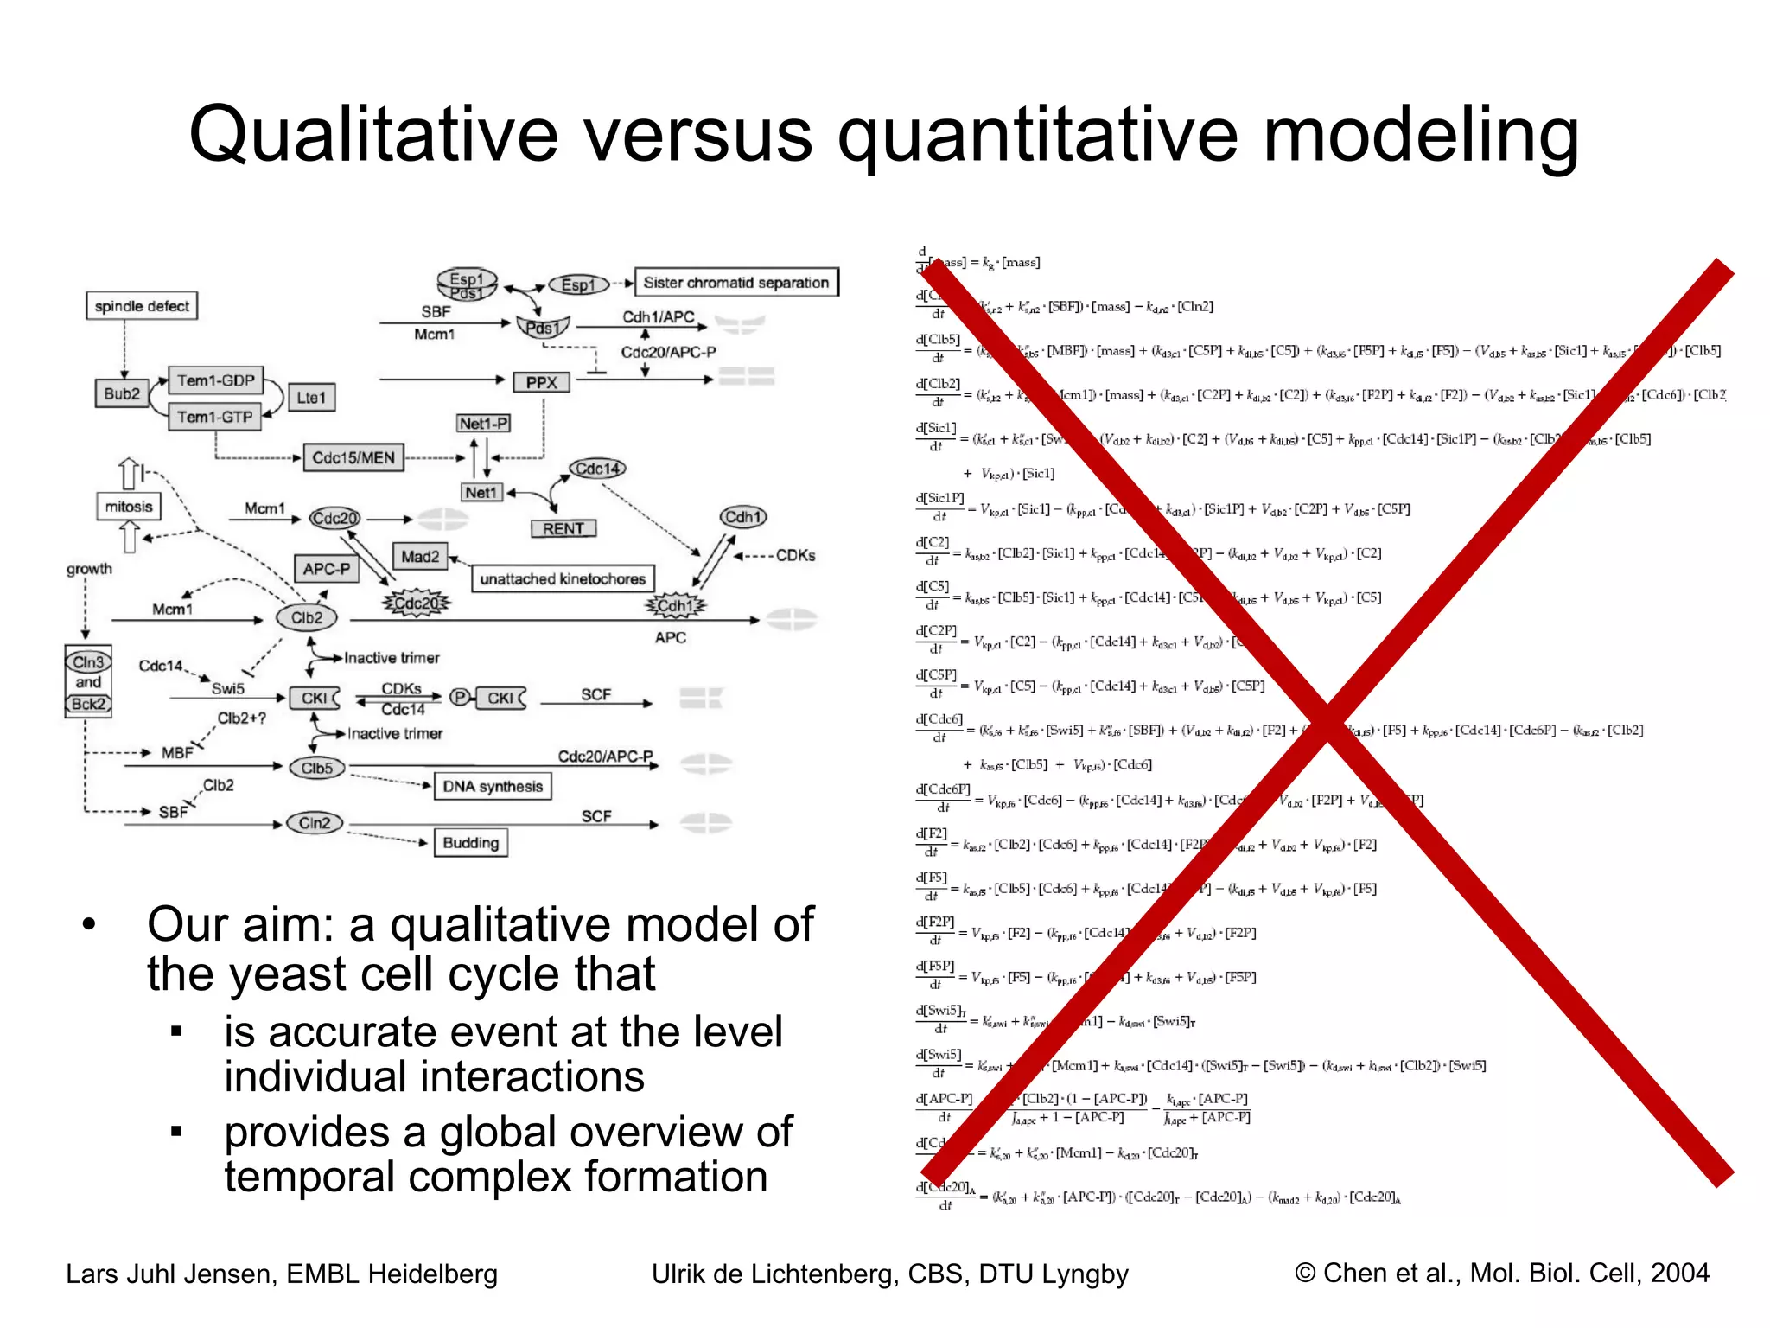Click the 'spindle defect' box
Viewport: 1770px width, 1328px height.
coord(142,306)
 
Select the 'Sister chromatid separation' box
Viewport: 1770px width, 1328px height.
coord(735,283)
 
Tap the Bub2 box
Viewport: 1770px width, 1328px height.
coord(122,394)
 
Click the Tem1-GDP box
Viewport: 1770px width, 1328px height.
coord(215,380)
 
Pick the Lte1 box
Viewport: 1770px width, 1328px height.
coord(311,398)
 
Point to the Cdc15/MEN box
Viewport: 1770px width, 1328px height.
coord(353,458)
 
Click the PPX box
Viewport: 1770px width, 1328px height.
coord(542,382)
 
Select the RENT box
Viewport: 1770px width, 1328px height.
coord(563,528)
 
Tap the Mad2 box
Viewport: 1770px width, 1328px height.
coord(420,557)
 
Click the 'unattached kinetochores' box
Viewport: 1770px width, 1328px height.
coord(563,578)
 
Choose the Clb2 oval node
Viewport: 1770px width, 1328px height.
coord(307,617)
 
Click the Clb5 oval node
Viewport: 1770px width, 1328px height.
coord(317,768)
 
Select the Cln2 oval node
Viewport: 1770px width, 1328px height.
coord(315,823)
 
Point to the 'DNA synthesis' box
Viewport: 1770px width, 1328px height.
coord(493,786)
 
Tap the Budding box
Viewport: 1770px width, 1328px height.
coord(470,843)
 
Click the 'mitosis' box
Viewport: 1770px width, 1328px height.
coord(129,507)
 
